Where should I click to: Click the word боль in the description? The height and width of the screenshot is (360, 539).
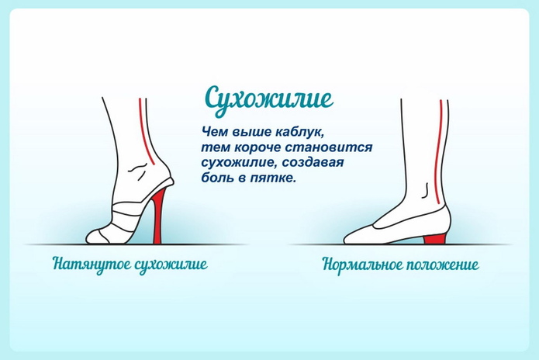pyautogui.click(x=219, y=178)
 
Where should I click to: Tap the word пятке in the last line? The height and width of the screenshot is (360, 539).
pyautogui.click(x=278, y=178)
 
